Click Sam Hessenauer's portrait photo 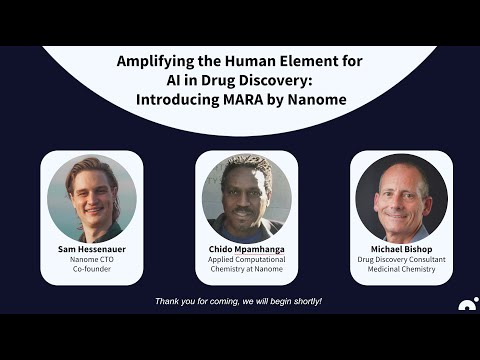[91, 197]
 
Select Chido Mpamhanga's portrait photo [246, 197]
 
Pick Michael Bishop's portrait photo [401, 197]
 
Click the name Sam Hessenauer [91, 247]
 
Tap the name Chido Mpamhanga [246, 247]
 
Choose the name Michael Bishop [401, 247]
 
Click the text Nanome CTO [91, 258]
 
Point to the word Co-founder [91, 269]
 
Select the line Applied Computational [246, 258]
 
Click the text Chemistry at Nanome [246, 269]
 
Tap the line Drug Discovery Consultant [401, 258]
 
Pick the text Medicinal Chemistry [401, 269]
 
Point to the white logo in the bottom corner [469, 304]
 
